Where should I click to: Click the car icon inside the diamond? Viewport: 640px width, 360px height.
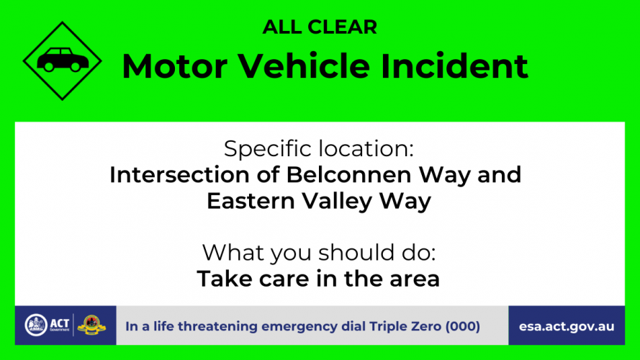63,60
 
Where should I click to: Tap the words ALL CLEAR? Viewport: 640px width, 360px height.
320,27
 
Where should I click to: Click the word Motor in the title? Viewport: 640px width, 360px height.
175,66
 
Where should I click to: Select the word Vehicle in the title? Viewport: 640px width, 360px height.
304,66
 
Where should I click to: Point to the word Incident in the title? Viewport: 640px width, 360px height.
455,66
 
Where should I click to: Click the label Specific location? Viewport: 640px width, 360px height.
319,148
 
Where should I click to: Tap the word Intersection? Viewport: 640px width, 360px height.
179,175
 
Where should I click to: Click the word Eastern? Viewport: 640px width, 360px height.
251,201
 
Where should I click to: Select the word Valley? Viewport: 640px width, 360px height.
337,202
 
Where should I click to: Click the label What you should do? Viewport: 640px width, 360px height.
319,253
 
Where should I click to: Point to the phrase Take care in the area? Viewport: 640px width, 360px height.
318,279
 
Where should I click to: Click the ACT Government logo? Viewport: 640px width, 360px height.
48,325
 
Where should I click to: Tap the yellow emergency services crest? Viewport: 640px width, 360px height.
91,325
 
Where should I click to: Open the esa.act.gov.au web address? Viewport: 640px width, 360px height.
567,327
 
